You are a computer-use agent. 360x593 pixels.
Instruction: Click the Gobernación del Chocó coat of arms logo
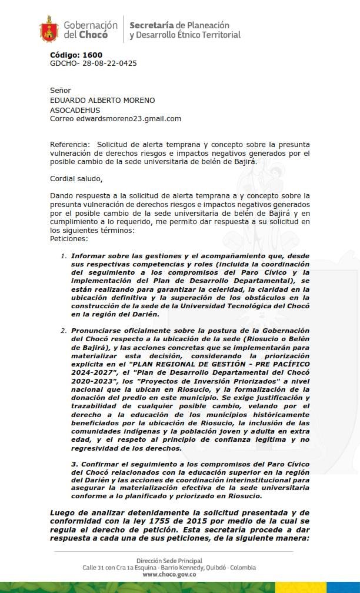[x=49, y=29]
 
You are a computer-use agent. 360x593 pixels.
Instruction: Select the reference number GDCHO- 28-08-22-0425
[x=94, y=64]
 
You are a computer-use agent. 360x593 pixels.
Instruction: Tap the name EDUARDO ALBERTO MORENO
[x=102, y=100]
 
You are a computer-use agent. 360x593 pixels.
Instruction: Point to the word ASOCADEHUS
[x=75, y=110]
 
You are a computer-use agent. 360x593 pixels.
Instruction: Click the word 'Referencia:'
[x=70, y=144]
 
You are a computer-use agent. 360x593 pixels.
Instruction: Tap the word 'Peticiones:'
[x=69, y=239]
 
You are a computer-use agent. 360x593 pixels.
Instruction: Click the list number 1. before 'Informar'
[x=64, y=256]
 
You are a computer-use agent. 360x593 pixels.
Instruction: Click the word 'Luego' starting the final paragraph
[x=62, y=513]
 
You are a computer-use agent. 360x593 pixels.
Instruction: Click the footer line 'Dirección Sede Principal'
[x=169, y=561]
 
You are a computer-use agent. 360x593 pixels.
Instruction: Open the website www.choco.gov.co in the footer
[x=169, y=575]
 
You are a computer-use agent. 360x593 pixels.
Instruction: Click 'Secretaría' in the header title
[x=151, y=25]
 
